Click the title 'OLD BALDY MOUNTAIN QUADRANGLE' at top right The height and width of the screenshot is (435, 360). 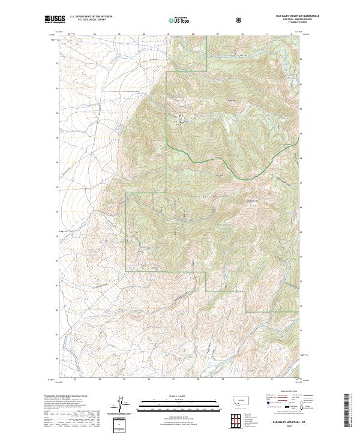(x=281, y=16)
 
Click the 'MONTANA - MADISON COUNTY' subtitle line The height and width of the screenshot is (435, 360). (x=281, y=19)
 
